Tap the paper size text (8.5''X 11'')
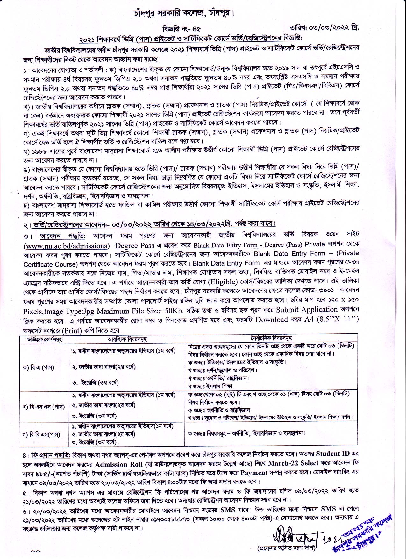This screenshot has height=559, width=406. tap(338, 320)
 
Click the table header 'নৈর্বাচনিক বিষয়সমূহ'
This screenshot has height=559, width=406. tap(271, 338)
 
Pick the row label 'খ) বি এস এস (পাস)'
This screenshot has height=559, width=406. tap(44, 407)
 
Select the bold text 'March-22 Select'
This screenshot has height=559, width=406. tap(293, 463)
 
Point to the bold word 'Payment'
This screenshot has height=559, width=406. tap(254, 473)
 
